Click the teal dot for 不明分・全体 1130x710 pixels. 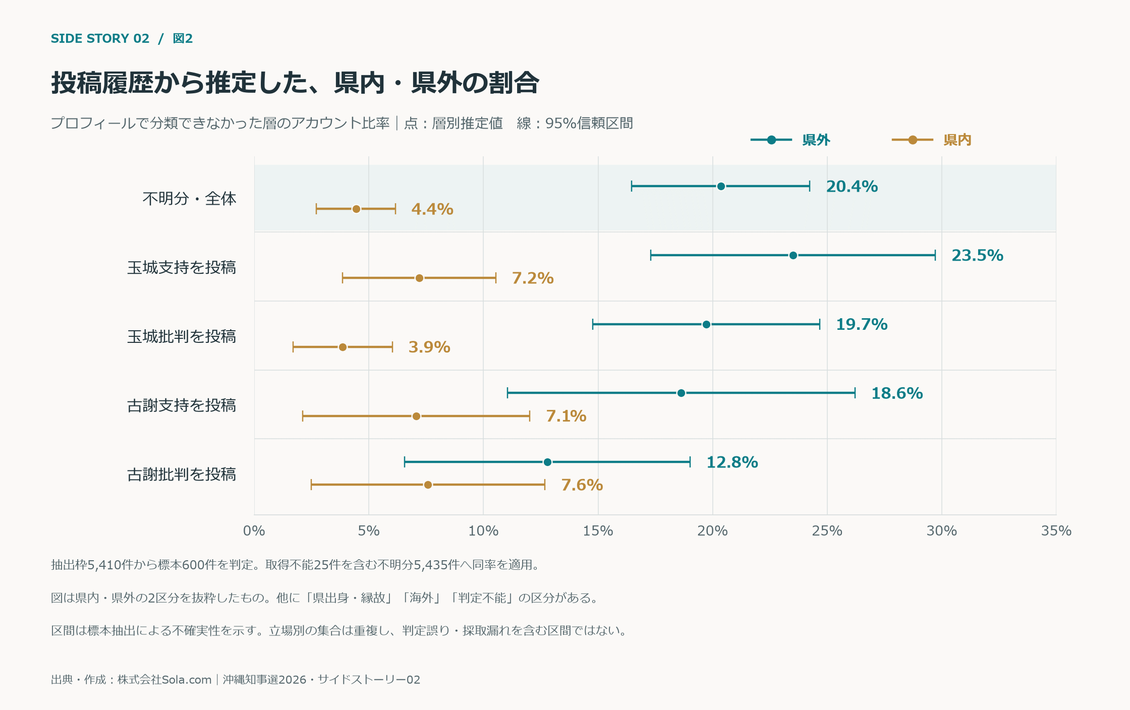coord(721,186)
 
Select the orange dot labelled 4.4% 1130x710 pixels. coord(356,209)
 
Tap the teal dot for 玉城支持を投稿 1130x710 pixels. coord(793,255)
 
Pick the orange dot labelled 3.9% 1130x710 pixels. coord(343,347)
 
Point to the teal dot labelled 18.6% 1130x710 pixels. coord(681,393)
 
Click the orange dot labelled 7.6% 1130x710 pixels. coord(428,485)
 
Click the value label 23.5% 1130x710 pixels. coord(977,255)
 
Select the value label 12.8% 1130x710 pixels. coord(732,462)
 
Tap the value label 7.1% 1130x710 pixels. coord(566,416)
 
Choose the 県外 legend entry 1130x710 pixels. coord(790,140)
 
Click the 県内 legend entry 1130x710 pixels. coord(932,140)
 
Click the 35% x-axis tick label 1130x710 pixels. coord(1056,530)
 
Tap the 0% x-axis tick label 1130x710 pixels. coord(254,530)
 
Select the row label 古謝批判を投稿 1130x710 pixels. coord(182,474)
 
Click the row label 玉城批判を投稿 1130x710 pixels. coord(182,336)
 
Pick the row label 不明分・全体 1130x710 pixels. coord(189,198)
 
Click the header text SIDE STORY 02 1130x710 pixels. coord(100,38)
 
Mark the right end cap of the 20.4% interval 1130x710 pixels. coord(810,186)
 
